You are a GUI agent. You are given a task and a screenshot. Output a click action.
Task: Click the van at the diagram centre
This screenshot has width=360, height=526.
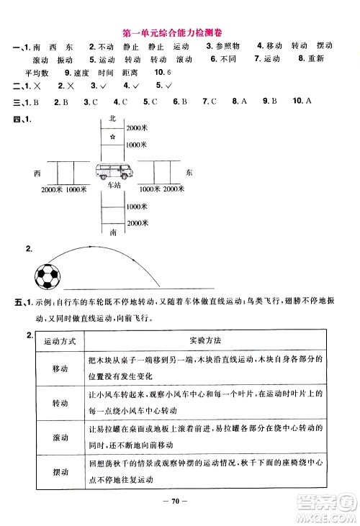112,172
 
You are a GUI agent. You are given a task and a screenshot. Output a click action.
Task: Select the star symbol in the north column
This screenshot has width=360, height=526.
112,136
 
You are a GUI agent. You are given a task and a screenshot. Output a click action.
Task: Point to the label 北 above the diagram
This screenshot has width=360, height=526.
112,117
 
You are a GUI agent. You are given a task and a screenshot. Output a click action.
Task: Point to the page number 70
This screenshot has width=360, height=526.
179,501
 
